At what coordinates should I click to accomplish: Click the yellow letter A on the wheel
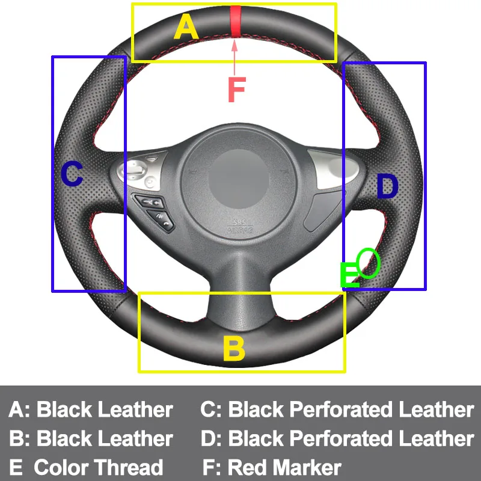[x=186, y=27]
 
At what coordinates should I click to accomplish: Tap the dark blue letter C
[x=72, y=175]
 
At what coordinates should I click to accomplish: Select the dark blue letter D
[x=387, y=186]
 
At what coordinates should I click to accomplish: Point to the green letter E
[x=349, y=277]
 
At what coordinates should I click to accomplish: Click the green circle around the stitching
[x=369, y=263]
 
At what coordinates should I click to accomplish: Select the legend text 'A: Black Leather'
[x=91, y=410]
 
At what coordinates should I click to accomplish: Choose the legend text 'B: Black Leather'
[x=91, y=438]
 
